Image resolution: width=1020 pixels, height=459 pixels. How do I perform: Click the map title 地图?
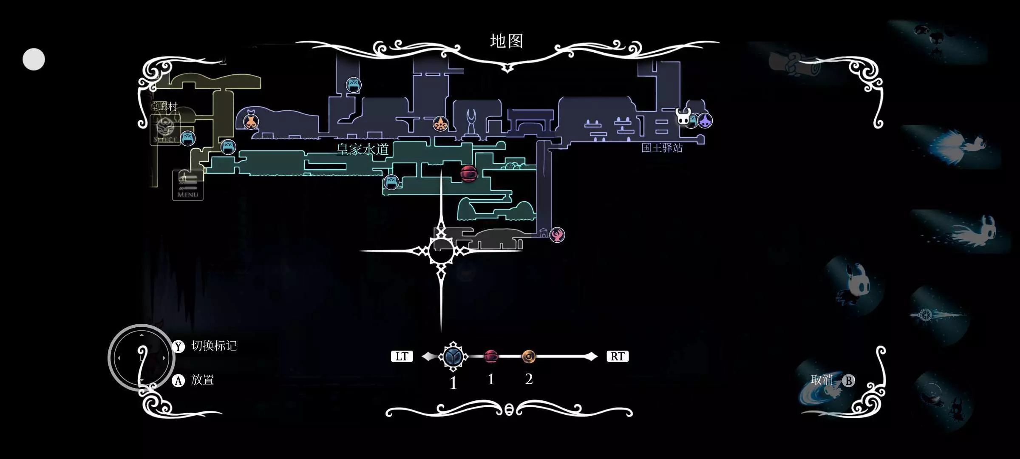[506, 41]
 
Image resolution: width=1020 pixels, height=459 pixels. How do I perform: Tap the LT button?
[402, 356]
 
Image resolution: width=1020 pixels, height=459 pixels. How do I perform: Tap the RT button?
[617, 356]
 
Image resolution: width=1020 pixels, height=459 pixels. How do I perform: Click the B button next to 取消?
[848, 380]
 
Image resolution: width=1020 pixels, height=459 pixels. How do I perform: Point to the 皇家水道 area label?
[363, 150]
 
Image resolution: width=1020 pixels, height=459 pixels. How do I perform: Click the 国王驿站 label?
[662, 148]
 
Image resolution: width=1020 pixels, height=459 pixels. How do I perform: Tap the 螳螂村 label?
[164, 106]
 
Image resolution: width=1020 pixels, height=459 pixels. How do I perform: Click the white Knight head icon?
[683, 116]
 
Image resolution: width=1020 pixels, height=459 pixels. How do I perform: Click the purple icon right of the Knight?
[705, 121]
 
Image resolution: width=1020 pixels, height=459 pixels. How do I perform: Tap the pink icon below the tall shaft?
[557, 235]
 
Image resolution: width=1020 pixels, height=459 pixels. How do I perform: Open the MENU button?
[187, 185]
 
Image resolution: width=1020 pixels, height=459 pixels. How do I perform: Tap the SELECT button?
[165, 130]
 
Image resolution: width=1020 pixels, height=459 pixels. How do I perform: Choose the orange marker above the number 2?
[529, 357]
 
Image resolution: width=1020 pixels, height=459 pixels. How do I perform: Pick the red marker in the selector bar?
[491, 356]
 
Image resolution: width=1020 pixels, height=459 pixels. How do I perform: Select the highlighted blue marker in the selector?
[453, 356]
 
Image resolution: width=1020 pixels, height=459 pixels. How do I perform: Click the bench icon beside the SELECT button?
[187, 138]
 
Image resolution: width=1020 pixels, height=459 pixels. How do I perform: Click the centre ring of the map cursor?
[441, 251]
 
